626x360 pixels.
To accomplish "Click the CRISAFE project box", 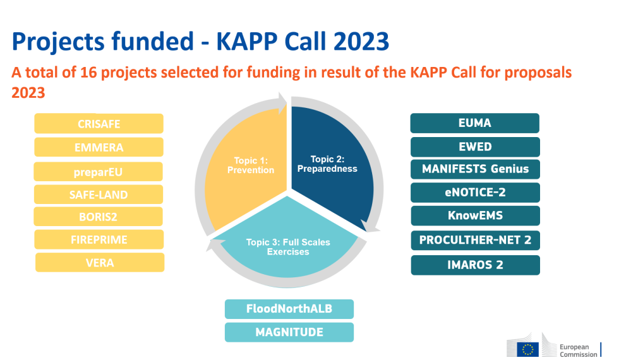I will pyautogui.click(x=99, y=124).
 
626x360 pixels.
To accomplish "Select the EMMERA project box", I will pyautogui.click(x=99, y=147).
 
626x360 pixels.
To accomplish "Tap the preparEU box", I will pyautogui.click(x=99, y=171).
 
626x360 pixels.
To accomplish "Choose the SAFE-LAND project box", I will pyautogui.click(x=99, y=195).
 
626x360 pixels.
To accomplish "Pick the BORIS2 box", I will pyautogui.click(x=99, y=217).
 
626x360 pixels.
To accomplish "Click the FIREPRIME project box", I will pyautogui.click(x=99, y=239).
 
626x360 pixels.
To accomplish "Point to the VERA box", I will pyautogui.click(x=100, y=262).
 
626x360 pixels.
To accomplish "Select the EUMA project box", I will pyautogui.click(x=474, y=123).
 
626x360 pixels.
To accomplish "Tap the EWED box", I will pyautogui.click(x=475, y=147).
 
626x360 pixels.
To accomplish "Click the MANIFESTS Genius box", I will pyautogui.click(x=475, y=169).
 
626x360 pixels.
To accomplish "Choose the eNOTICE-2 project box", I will pyautogui.click(x=475, y=193).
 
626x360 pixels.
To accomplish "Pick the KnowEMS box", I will pyautogui.click(x=475, y=215).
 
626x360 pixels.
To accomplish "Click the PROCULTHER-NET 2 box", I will pyautogui.click(x=475, y=241).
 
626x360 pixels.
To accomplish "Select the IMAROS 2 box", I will pyautogui.click(x=475, y=265).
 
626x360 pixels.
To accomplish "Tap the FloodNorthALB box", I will pyautogui.click(x=289, y=309).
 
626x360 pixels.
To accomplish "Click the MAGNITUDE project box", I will pyautogui.click(x=289, y=332).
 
